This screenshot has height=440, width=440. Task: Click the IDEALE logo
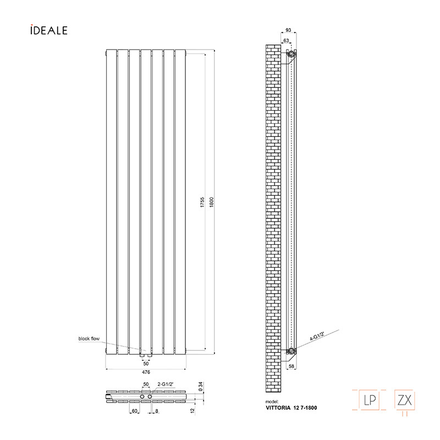pyautogui.click(x=49, y=30)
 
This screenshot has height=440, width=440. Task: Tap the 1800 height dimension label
pyautogui.click(x=212, y=202)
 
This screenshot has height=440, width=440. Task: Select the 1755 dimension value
pyautogui.click(x=202, y=202)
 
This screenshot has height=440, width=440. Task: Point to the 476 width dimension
pyautogui.click(x=146, y=372)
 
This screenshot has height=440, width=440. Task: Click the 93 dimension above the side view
pyautogui.click(x=288, y=30)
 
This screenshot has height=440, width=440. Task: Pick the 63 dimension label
pyautogui.click(x=286, y=40)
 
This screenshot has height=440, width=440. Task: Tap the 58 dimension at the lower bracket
pyautogui.click(x=291, y=366)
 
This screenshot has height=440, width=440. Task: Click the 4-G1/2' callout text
pyautogui.click(x=317, y=336)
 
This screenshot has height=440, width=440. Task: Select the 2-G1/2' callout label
pyautogui.click(x=166, y=384)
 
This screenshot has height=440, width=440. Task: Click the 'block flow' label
pyautogui.click(x=89, y=339)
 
